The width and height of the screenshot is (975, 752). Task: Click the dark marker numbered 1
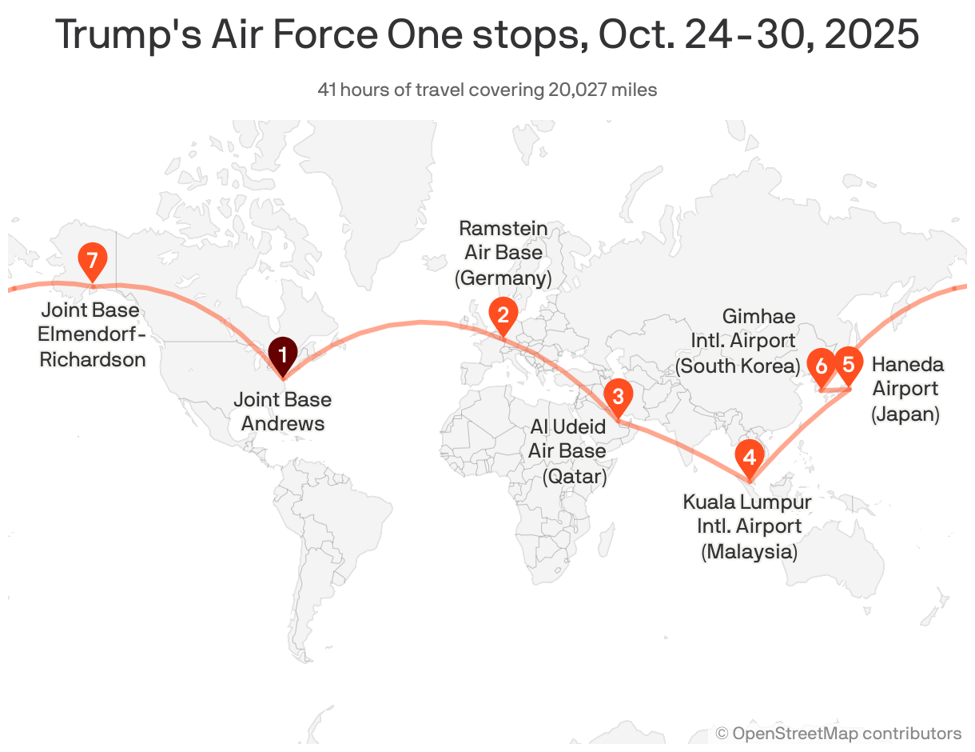(282, 354)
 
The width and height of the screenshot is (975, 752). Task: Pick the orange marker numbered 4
(749, 458)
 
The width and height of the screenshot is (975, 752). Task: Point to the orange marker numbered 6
(821, 366)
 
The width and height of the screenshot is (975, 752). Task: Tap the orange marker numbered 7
(93, 260)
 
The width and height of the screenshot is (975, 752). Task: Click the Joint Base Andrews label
(282, 411)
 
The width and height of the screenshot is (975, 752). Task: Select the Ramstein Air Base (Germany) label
(503, 253)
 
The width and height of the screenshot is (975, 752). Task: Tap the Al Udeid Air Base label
(567, 451)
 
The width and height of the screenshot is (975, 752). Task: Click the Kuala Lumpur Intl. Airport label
(748, 526)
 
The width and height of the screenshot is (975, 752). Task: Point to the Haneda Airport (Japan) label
(906, 389)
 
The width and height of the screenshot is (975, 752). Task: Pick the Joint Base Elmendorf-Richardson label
(92, 334)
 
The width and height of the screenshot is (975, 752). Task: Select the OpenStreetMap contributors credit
(838, 733)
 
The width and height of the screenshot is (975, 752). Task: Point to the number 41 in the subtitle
(327, 90)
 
